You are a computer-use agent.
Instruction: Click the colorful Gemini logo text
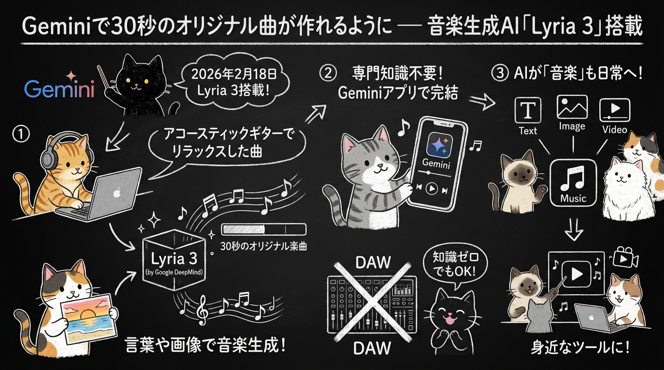pyautogui.click(x=59, y=88)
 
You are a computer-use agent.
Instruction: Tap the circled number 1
pyautogui.click(x=21, y=134)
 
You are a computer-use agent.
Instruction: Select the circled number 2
pyautogui.click(x=328, y=73)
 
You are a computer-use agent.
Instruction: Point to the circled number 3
pyautogui.click(x=500, y=73)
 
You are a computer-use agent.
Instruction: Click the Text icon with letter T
pyautogui.click(x=528, y=110)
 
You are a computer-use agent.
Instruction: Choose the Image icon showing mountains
pyautogui.click(x=572, y=107)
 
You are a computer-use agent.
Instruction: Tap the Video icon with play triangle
pyautogui.click(x=615, y=110)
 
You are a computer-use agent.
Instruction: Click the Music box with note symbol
pyautogui.click(x=573, y=182)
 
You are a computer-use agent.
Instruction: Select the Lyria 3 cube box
pyautogui.click(x=174, y=260)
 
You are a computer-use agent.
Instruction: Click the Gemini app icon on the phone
pyautogui.click(x=439, y=145)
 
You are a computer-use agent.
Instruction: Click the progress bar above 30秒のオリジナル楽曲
pyautogui.click(x=264, y=229)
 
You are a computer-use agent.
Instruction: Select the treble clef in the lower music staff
pyautogui.click(x=203, y=311)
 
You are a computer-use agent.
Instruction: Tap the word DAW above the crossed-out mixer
pyautogui.click(x=373, y=262)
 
